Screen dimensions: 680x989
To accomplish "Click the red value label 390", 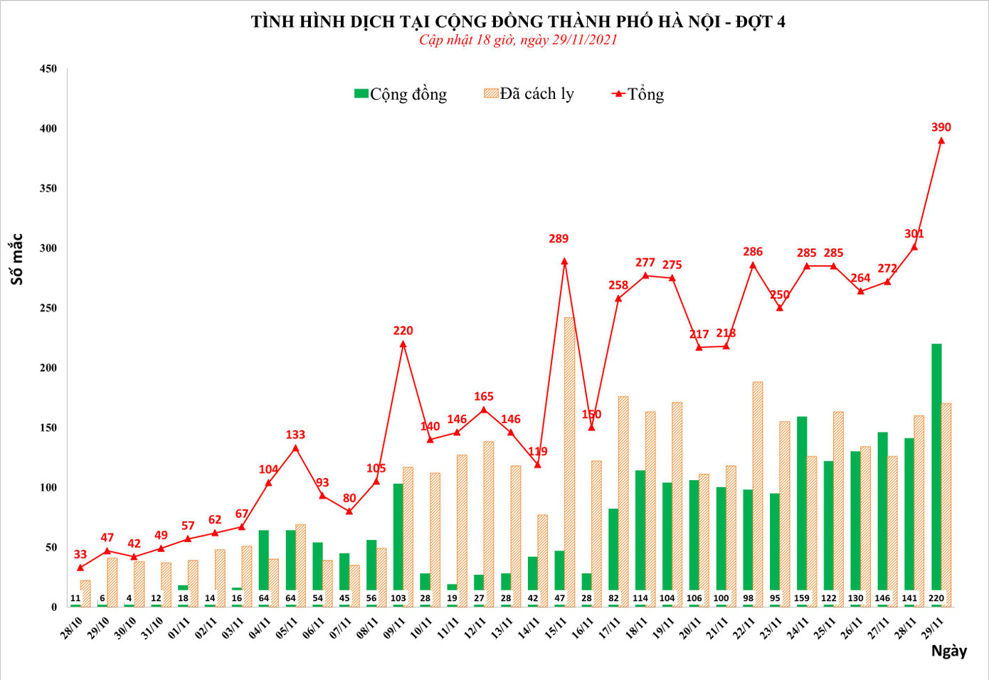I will (x=941, y=127).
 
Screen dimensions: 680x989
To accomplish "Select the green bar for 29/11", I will (x=936, y=469).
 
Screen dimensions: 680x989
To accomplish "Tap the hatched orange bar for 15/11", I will (x=569, y=455).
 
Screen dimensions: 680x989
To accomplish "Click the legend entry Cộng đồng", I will (x=401, y=94).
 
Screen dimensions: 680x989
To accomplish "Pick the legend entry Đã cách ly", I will (x=529, y=94).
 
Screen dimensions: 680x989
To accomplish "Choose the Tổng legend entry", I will (x=638, y=94).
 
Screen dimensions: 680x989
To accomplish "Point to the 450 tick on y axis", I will (x=48, y=69).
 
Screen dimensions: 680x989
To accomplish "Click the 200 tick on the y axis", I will (x=48, y=368).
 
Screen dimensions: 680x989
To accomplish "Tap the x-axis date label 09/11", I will (x=394, y=628).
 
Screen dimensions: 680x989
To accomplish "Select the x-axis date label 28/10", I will (x=72, y=628).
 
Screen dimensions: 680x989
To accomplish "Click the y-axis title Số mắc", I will (x=17, y=260).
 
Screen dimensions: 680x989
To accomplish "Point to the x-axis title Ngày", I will (x=948, y=651).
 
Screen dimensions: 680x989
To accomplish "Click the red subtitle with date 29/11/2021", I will (x=518, y=40).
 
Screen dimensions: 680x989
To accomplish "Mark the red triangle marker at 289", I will (x=564, y=261).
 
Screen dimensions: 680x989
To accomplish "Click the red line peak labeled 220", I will (x=403, y=344).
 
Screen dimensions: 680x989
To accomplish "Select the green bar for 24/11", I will (x=802, y=505).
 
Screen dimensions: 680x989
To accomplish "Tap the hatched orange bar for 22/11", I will (x=758, y=491).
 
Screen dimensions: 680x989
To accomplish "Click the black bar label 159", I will (x=802, y=598).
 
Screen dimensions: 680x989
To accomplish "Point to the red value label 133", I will (x=295, y=435).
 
